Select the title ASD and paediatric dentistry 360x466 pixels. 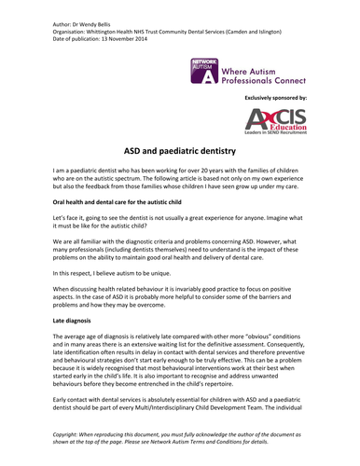tap(179, 151)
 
